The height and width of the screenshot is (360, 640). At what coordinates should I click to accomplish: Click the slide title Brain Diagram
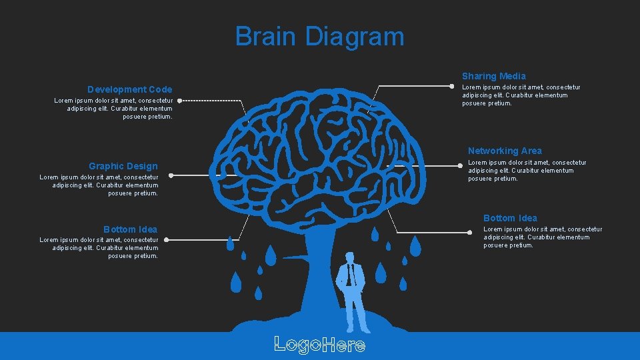(x=319, y=36)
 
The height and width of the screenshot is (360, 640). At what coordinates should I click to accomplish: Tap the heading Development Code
(x=129, y=89)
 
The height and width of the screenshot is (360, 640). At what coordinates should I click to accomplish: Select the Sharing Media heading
(x=493, y=76)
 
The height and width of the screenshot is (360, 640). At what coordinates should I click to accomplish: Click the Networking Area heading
(x=505, y=151)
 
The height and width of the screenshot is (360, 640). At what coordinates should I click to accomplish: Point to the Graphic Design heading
(x=123, y=166)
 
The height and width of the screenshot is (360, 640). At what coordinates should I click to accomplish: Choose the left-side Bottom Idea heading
(x=130, y=229)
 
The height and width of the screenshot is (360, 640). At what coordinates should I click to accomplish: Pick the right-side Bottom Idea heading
(x=510, y=218)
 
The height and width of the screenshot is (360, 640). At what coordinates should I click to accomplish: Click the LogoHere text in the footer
(x=319, y=345)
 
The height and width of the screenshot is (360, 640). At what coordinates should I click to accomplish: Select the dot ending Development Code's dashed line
(x=180, y=101)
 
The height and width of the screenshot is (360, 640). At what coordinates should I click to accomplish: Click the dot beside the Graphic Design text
(x=171, y=175)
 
